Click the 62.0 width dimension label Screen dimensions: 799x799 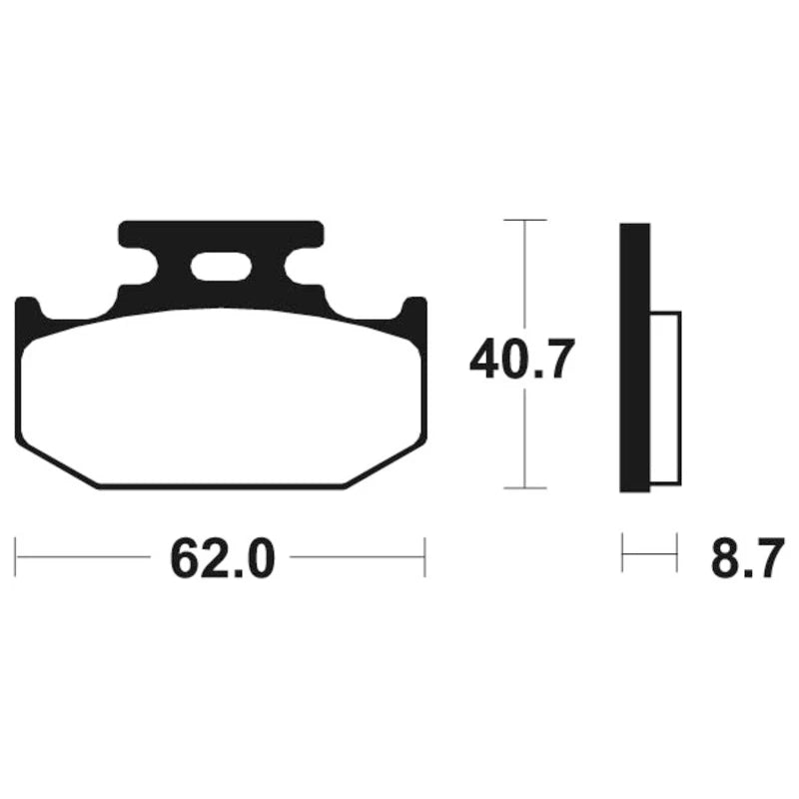coord(223,559)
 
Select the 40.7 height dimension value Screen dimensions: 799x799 coord(521,359)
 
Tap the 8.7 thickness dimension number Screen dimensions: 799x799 coord(747,559)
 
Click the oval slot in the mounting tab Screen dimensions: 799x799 coord(221,266)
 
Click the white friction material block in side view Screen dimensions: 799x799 coord(666,398)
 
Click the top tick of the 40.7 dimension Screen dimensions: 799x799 coord(525,220)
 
